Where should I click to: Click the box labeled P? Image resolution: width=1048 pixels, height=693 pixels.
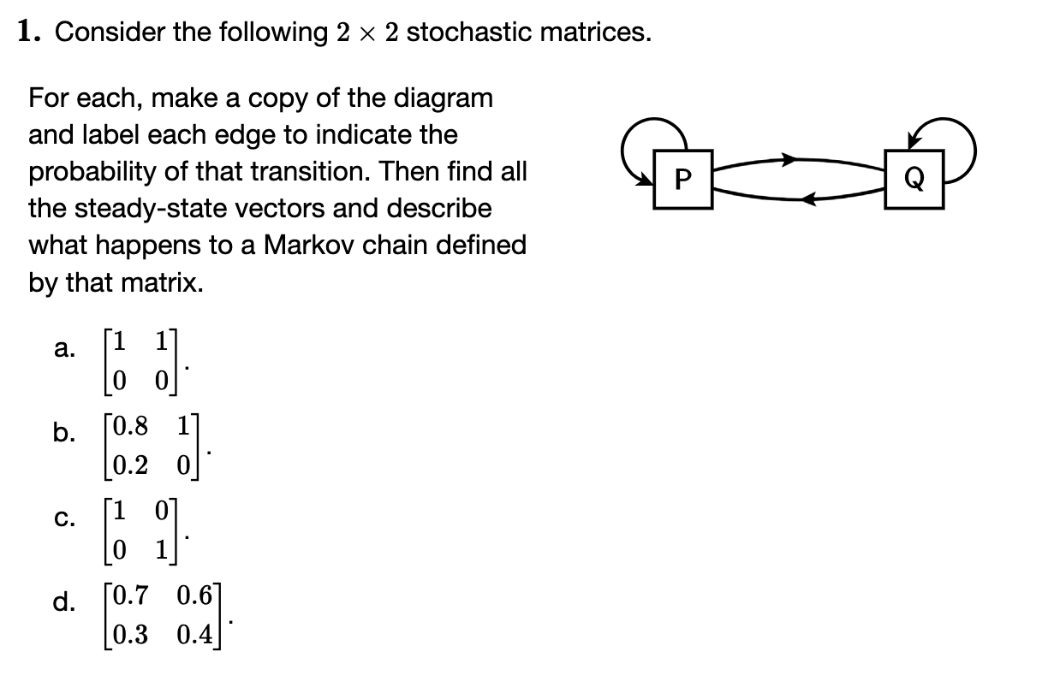point(682,179)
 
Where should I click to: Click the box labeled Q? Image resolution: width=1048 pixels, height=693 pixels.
point(914,179)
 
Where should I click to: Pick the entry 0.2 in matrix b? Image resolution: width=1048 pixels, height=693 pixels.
point(128,465)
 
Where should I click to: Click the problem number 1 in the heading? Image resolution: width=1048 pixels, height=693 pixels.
point(27,33)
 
